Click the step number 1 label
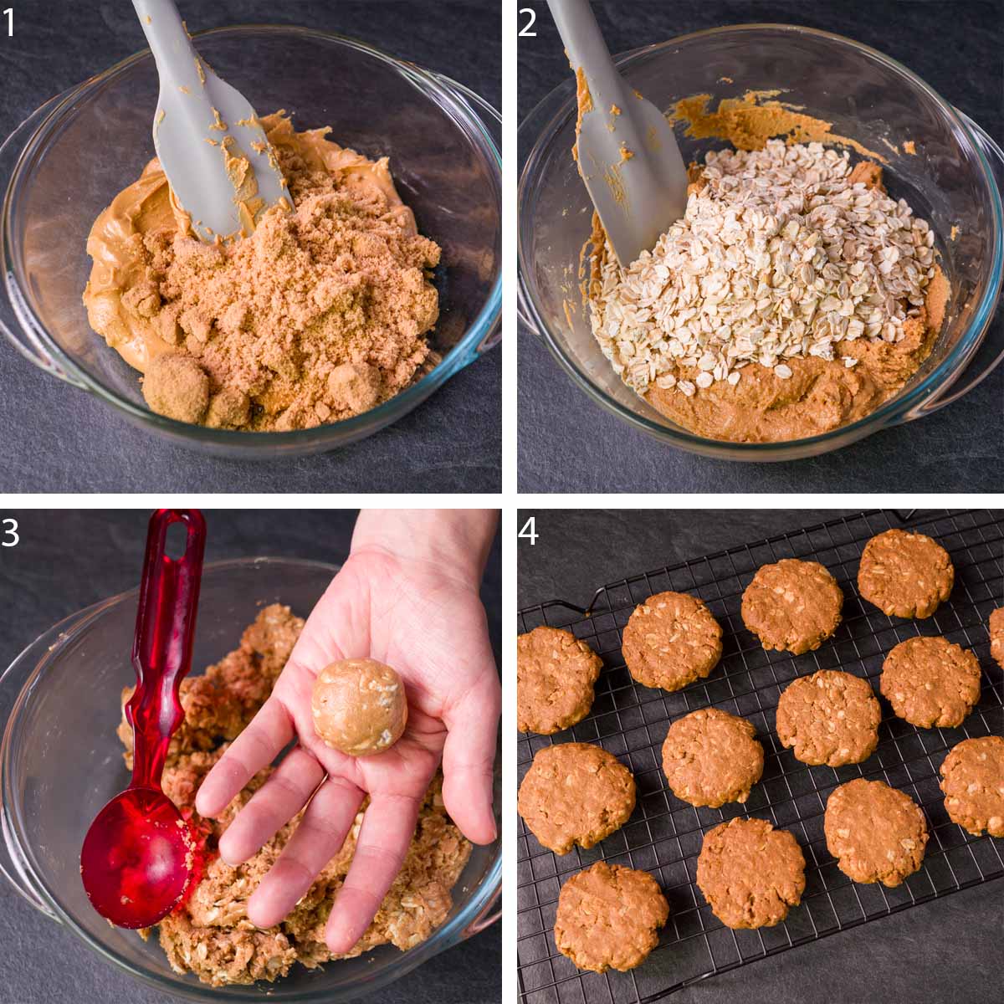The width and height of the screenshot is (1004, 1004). pos(9,23)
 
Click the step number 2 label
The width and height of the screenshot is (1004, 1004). pos(527,23)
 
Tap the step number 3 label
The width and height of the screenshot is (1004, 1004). pos(9,533)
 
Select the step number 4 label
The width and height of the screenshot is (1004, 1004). pos(527,533)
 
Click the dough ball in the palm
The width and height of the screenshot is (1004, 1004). pos(360,706)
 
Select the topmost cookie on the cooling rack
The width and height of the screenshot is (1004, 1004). pos(905,573)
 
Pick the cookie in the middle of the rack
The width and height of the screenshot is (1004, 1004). pos(828,716)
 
